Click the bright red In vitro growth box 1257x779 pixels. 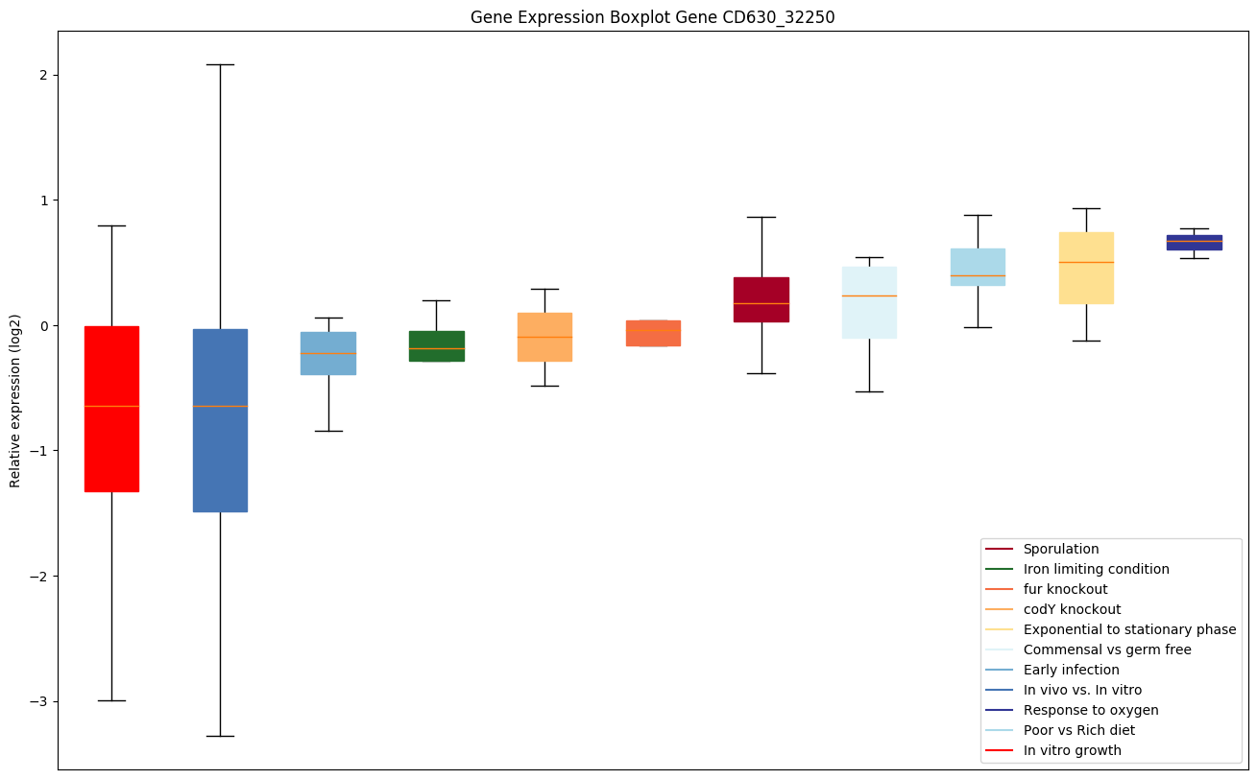point(111,408)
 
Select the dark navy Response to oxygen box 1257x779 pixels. point(1194,242)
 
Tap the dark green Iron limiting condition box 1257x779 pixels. point(436,345)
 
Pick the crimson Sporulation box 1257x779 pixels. point(761,298)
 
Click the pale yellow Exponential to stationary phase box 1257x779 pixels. point(1085,268)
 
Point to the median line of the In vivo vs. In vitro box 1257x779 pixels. point(220,406)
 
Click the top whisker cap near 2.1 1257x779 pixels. point(220,65)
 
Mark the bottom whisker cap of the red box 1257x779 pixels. point(111,700)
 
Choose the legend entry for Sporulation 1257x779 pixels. point(1060,549)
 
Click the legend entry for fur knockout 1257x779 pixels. point(1065,589)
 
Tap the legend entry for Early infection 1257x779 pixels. point(1071,670)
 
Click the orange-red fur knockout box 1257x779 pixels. point(653,333)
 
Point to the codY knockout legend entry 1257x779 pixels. point(1072,609)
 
